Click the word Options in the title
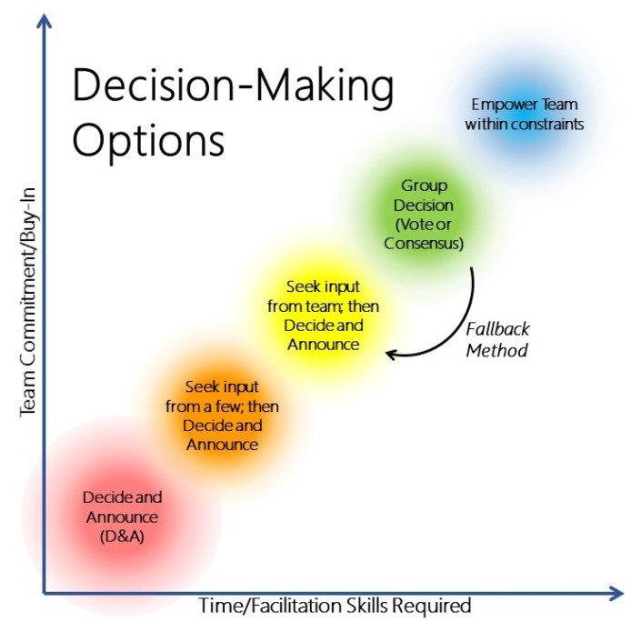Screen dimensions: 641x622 148,141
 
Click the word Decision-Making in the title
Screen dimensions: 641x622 233,85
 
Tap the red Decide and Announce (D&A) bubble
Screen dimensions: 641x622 122,517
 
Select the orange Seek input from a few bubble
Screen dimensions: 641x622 223,415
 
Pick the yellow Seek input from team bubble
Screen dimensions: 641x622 323,315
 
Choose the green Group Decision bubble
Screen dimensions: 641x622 424,214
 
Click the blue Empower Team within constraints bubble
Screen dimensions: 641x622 525,114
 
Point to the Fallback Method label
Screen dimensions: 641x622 497,339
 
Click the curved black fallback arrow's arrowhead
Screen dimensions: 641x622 390,354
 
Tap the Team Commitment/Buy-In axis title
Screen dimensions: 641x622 28,302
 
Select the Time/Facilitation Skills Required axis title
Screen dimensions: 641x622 336,606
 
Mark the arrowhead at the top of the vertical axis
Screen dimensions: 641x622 45,20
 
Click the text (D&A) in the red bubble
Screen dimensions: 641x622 122,537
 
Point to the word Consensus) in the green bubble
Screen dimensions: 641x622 424,244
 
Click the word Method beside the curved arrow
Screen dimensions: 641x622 496,350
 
